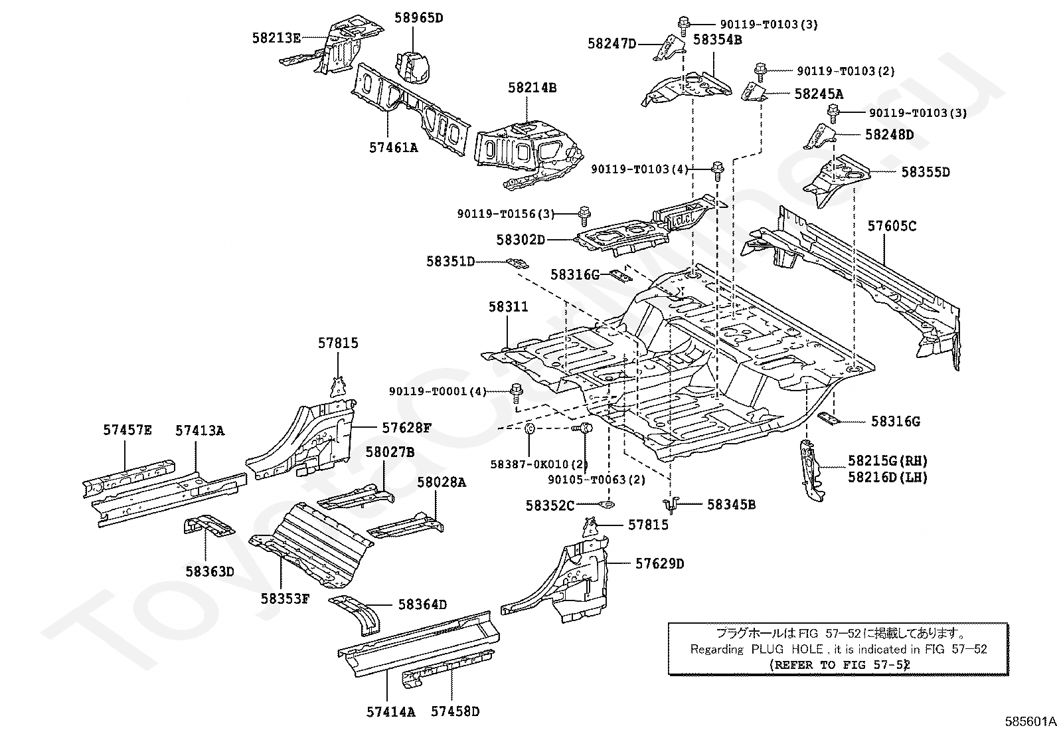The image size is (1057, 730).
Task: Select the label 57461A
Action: click(394, 148)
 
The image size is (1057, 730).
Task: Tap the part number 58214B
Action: click(532, 87)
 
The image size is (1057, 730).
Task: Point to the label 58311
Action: click(508, 307)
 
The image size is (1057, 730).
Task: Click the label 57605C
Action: click(892, 227)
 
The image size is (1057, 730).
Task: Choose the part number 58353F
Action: click(285, 598)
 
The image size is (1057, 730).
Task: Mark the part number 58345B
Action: click(731, 505)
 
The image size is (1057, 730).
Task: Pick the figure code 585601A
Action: click(1030, 721)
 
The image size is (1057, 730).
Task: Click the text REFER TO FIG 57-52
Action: click(838, 664)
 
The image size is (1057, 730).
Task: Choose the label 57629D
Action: click(659, 564)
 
